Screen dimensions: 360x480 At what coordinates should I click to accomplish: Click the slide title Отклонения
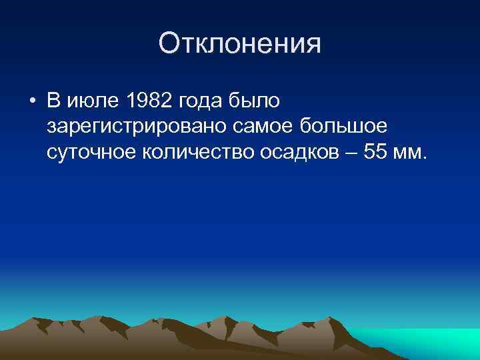(x=240, y=44)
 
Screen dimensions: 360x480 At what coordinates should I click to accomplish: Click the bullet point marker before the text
(x=32, y=102)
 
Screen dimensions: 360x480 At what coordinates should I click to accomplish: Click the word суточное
(x=91, y=152)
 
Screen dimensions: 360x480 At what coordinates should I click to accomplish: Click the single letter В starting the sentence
(x=54, y=101)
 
